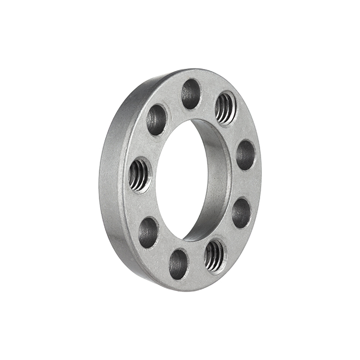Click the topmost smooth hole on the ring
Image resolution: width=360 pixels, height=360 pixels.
[191, 94]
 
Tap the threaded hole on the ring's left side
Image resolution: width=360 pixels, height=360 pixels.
[139, 175]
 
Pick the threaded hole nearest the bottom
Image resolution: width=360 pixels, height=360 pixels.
[214, 255]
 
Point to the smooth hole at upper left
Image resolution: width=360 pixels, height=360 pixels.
[156, 120]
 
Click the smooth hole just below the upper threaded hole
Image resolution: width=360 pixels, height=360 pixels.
[245, 154]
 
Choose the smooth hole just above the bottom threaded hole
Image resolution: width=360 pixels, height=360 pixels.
[241, 212]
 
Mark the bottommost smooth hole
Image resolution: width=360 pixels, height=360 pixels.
[178, 264]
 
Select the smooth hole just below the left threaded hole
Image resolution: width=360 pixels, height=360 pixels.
[148, 232]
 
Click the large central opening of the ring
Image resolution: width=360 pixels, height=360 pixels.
[183, 180]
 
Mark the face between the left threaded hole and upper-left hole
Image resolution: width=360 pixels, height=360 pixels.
[146, 147]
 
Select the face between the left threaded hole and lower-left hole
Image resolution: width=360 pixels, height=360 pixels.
[141, 204]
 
